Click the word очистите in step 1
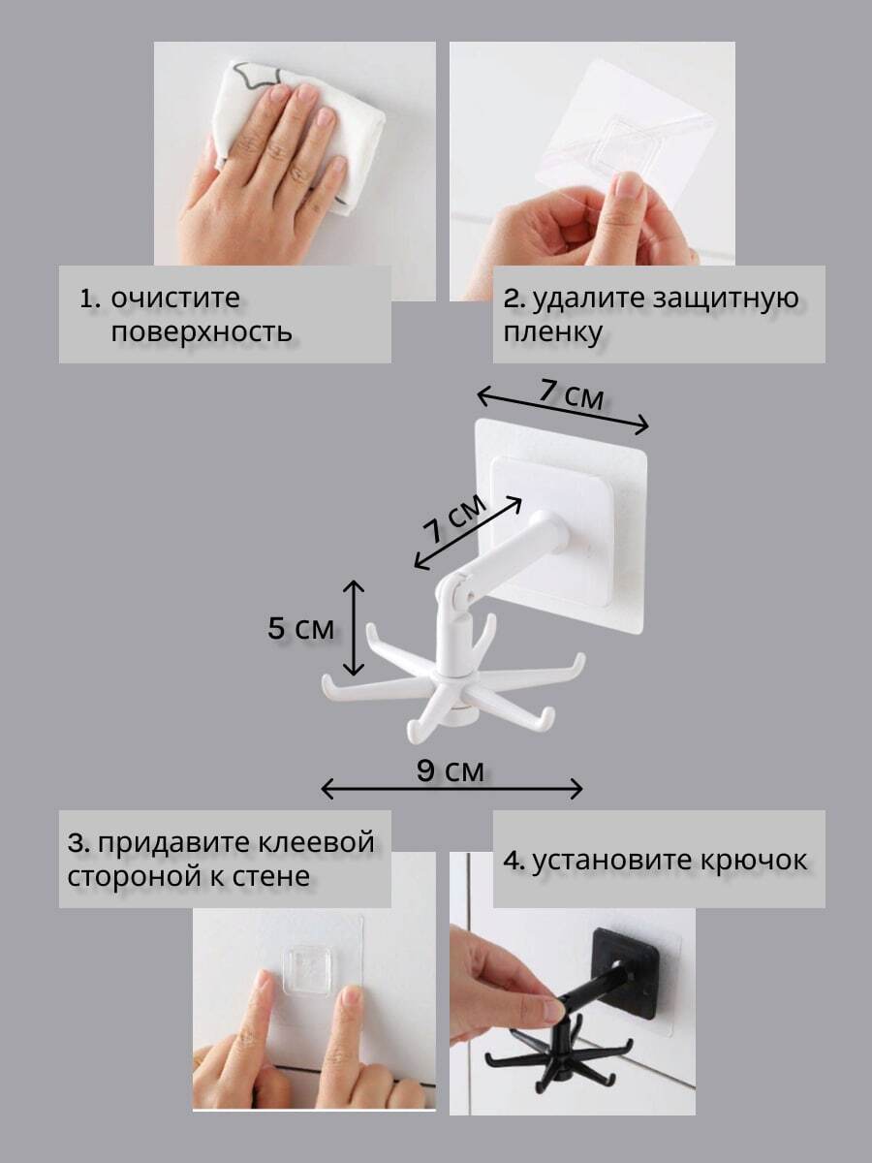pos(175,298)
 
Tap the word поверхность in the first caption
pos(202,332)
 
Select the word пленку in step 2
pos(552,332)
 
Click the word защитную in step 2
pos(725,299)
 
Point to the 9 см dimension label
pos(450,770)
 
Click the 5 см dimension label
pos(300,629)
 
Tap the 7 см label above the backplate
pos(572,394)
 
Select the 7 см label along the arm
pos(454,519)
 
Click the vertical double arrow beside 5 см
pos(354,628)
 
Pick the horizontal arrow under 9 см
pos(452,788)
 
